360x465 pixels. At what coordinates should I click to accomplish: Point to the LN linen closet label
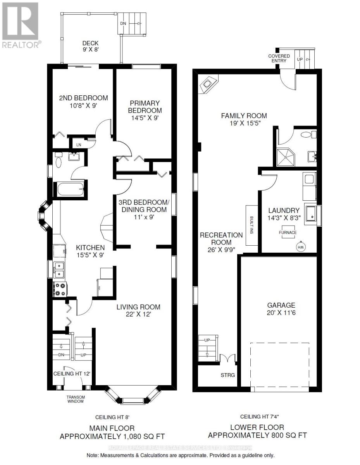tap(79, 145)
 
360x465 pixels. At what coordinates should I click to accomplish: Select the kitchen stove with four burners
tap(60, 289)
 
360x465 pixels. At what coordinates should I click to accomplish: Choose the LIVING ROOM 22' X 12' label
tap(139, 311)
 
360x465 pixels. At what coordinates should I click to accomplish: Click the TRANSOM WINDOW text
tap(76, 399)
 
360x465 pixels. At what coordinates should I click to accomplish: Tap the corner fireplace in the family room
tap(208, 84)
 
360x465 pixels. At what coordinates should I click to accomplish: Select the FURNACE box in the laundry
tap(288, 232)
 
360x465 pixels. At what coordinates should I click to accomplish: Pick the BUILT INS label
tap(251, 225)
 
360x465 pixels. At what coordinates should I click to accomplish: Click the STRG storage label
tap(227, 375)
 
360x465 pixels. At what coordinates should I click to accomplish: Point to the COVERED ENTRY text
tap(279, 58)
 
